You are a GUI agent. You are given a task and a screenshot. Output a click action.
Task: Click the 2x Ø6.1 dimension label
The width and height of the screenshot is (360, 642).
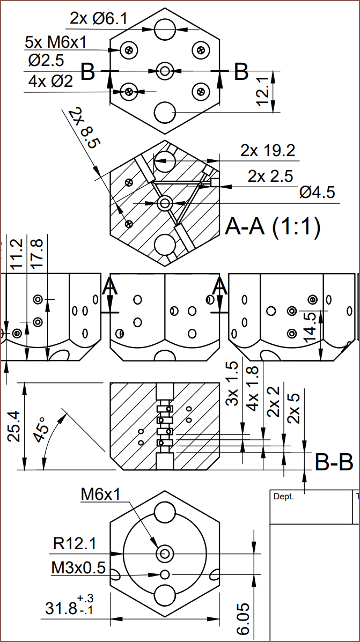pos(99,19)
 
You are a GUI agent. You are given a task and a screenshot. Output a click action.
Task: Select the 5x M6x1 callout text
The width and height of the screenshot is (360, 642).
pos(55,42)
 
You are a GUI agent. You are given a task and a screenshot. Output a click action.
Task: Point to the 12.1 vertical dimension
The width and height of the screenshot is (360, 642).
pos(262,92)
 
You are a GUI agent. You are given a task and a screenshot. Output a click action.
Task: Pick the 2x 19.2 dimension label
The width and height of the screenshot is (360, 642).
pos(268,151)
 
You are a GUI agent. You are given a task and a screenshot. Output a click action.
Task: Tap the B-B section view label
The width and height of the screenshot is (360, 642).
pos(333,462)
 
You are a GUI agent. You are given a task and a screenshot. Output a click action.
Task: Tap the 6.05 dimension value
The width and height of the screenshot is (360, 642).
pos(243,618)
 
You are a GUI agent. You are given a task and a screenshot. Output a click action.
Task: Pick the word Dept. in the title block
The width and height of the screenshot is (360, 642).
pos(284,497)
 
